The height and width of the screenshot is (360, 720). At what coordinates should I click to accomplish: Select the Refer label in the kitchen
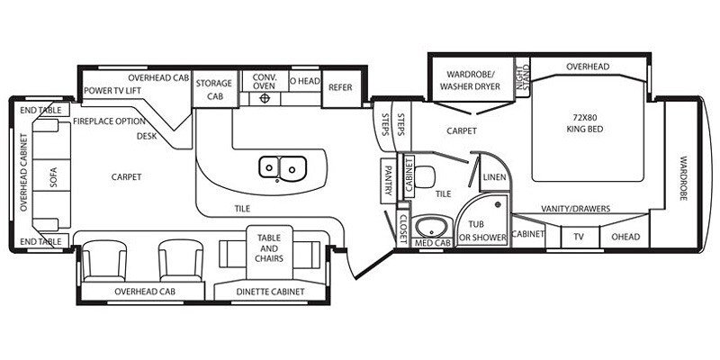coord(340,87)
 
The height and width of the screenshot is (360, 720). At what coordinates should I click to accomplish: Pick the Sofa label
coord(54,176)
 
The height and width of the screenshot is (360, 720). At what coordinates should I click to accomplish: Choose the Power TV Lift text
coord(112,91)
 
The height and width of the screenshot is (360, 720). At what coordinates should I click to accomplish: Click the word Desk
coord(148,136)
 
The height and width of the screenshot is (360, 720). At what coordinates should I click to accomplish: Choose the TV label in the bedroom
coord(579,237)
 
